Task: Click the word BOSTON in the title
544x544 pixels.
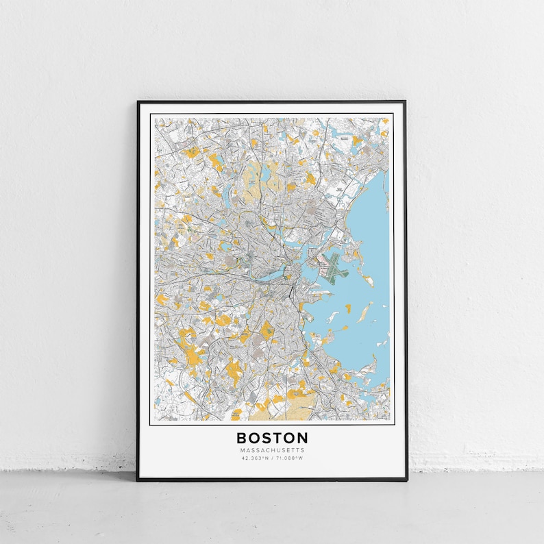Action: click(x=272, y=437)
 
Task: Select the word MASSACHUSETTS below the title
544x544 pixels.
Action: click(x=272, y=450)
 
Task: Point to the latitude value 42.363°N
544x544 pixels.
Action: click(x=254, y=458)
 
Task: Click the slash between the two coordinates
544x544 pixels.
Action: click(x=272, y=458)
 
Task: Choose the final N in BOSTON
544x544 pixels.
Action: click(x=302, y=437)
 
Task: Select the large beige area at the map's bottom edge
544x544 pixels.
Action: click(x=274, y=410)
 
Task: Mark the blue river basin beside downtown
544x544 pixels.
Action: click(x=272, y=275)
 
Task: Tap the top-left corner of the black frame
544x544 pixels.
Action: click(x=138, y=102)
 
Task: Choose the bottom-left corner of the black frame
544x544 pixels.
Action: click(x=138, y=480)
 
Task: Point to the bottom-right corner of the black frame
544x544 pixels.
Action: click(x=405, y=480)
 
